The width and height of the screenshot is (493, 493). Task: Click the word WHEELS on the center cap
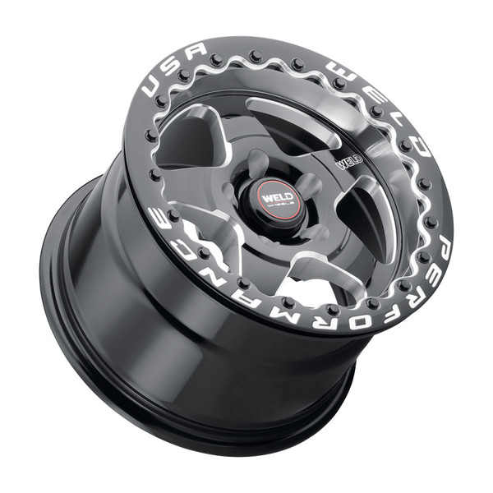pos(273,206)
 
